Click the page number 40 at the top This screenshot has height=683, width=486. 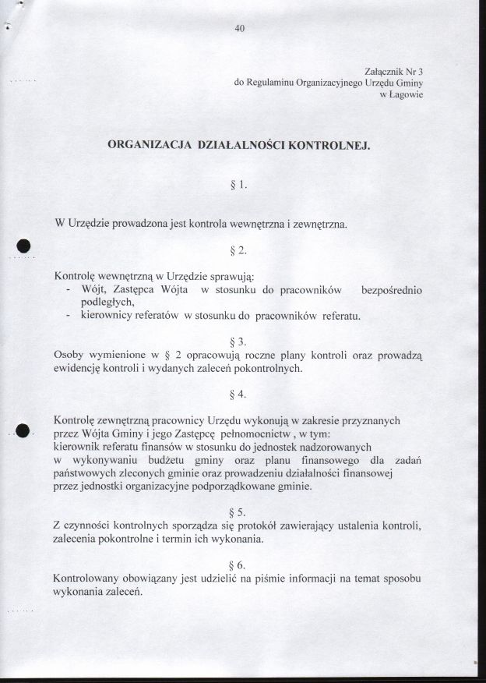point(239,30)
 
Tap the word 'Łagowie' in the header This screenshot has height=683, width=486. point(406,94)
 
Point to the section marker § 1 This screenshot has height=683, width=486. point(238,186)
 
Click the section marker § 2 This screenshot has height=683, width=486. point(238,251)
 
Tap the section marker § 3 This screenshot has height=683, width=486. point(238,341)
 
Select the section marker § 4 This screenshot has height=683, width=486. point(238,394)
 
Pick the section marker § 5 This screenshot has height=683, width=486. point(238,512)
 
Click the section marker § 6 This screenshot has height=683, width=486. point(238,565)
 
